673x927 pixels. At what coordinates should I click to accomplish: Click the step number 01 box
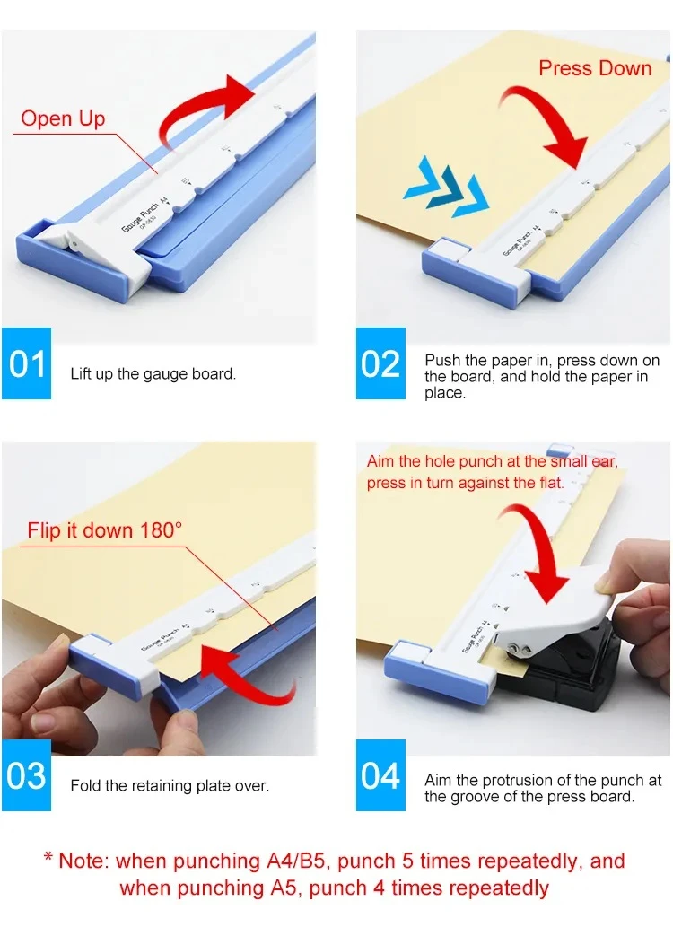point(27,363)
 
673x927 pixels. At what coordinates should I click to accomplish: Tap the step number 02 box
point(380,363)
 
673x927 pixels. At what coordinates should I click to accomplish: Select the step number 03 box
point(27,775)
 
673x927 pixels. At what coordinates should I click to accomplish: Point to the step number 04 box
point(380,775)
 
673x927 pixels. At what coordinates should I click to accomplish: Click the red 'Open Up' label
point(63,118)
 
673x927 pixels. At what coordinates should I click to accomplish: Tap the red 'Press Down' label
point(595,68)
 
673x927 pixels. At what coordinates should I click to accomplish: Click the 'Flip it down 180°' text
point(104,529)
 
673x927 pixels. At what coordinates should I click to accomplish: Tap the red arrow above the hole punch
point(538,556)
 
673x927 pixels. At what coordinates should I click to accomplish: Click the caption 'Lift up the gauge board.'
point(153,373)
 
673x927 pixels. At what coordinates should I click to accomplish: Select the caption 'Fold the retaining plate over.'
point(170,785)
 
